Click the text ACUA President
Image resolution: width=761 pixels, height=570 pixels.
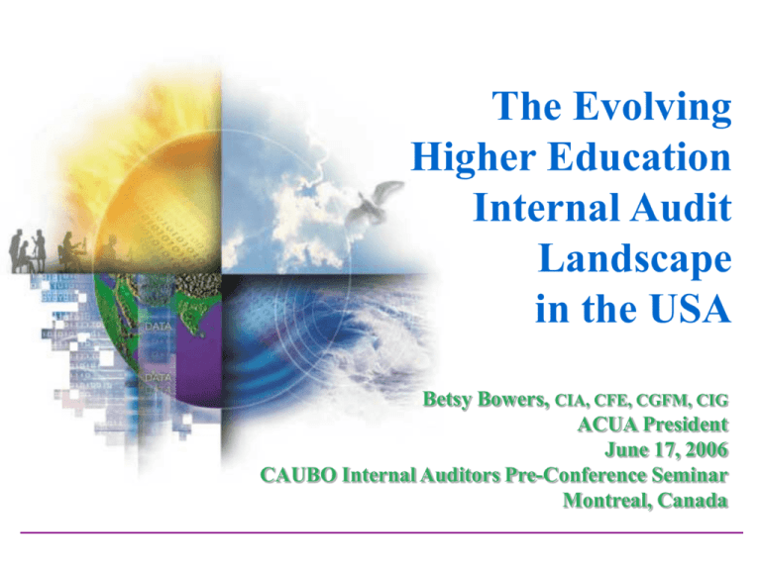pos(653,427)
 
